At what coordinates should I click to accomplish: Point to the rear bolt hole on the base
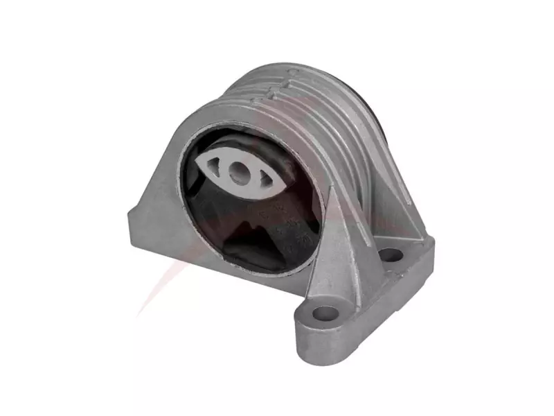click(x=391, y=254)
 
